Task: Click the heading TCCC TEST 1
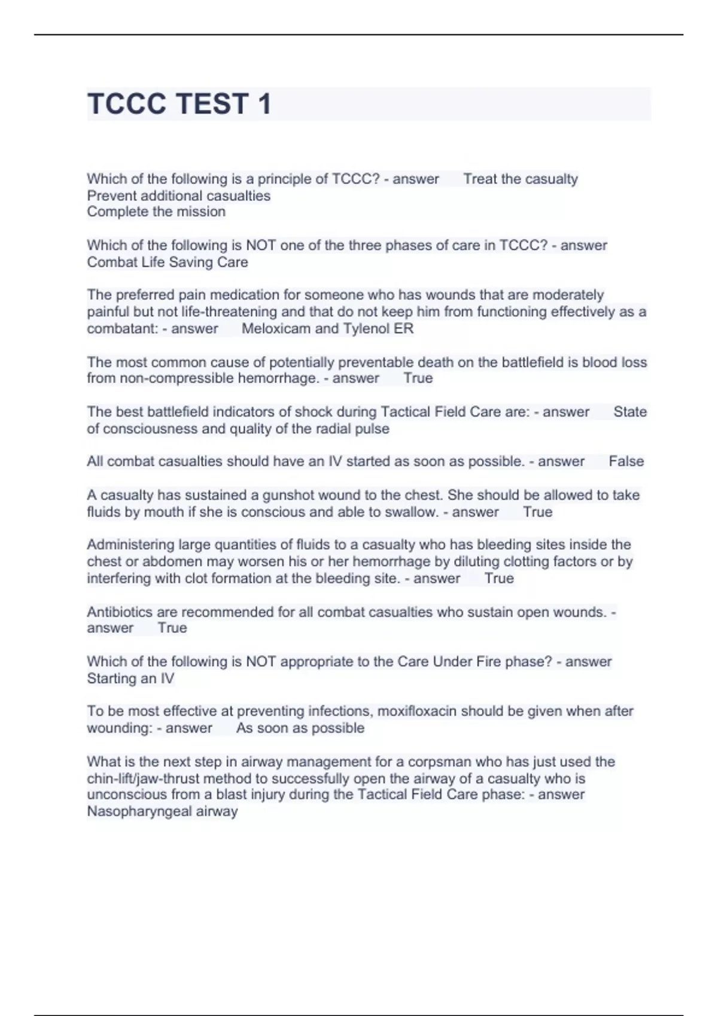tap(180, 104)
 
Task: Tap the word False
tap(626, 461)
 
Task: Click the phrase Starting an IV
tap(130, 678)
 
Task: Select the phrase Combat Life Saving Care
tap(167, 262)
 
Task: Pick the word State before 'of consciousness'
tap(629, 412)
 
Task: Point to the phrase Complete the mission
tap(156, 212)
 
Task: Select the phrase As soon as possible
tap(300, 728)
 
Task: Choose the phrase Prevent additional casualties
tap(178, 195)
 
